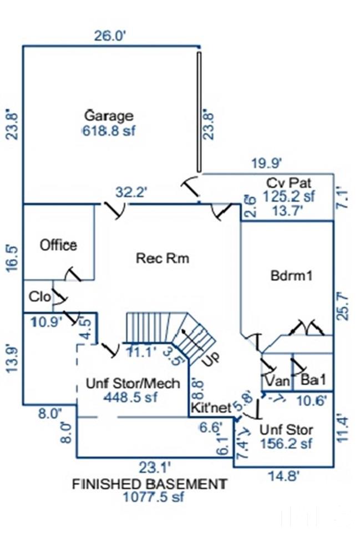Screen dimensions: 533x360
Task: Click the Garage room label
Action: click(x=109, y=116)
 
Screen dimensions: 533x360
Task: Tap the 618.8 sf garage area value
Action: click(x=109, y=131)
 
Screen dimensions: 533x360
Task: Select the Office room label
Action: click(x=58, y=245)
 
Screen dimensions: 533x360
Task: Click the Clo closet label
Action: click(x=40, y=296)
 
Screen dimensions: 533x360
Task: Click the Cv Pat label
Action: click(x=288, y=183)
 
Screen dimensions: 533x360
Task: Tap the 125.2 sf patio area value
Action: click(x=288, y=196)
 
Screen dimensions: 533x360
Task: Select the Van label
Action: click(x=277, y=381)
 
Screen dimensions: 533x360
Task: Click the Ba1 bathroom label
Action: click(x=313, y=381)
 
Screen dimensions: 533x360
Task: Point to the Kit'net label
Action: click(x=210, y=408)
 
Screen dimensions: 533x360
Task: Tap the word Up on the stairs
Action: click(x=210, y=360)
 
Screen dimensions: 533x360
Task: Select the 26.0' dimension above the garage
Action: click(x=111, y=36)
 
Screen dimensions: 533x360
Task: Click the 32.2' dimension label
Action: click(x=131, y=192)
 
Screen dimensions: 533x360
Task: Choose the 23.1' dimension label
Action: click(x=154, y=467)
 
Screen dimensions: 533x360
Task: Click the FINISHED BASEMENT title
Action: click(x=150, y=484)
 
